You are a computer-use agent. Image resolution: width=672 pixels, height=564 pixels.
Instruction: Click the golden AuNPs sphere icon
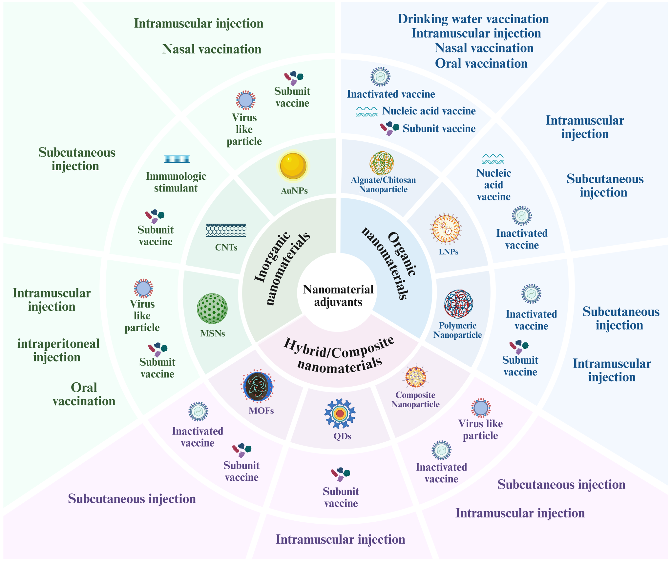pyautogui.click(x=293, y=166)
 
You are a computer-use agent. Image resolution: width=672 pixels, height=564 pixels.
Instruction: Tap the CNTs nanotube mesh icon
pyautogui.click(x=226, y=230)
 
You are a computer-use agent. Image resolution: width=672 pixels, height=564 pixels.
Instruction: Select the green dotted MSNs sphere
pyautogui.click(x=212, y=309)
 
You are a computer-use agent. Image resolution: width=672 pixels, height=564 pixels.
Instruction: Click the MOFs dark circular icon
pyautogui.click(x=258, y=387)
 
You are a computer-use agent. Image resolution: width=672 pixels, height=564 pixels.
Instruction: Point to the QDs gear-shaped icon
pyautogui.click(x=340, y=413)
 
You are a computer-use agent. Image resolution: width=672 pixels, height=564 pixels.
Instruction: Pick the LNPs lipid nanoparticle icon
pyautogui.click(x=446, y=229)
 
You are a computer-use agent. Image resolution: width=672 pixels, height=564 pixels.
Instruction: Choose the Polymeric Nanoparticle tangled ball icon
pyautogui.click(x=458, y=304)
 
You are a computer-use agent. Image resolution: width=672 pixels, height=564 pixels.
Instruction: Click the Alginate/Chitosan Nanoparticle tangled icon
pyautogui.click(x=382, y=163)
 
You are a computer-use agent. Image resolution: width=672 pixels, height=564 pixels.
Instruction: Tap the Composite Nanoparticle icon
pyautogui.click(x=416, y=377)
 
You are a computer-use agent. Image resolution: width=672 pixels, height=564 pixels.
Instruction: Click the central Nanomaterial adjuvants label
pyautogui.click(x=338, y=296)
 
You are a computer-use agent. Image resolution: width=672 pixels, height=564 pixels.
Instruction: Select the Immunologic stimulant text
pyautogui.click(x=176, y=182)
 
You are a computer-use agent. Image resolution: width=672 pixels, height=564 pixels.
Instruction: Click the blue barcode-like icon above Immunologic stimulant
pyautogui.click(x=177, y=159)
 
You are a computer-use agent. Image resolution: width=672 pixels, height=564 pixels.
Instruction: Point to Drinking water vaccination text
pyautogui.click(x=473, y=19)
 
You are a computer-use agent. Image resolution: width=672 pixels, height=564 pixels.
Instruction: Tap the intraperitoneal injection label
pyautogui.click(x=58, y=350)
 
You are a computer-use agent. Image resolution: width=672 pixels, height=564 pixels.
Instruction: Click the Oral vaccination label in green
pyautogui.click(x=84, y=394)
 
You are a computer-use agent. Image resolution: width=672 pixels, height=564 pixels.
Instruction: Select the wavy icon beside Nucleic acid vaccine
pyautogui.click(x=367, y=111)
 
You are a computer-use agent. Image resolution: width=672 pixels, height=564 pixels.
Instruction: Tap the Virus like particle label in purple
pyautogui.click(x=480, y=430)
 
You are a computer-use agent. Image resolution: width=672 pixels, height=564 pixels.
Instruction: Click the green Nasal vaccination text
pyautogui.click(x=212, y=49)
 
